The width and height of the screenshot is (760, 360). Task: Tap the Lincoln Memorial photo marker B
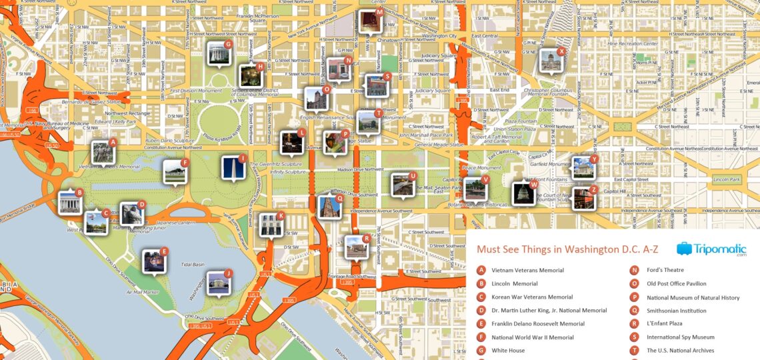click(x=70, y=201)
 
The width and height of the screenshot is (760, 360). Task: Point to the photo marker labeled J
click(x=218, y=283)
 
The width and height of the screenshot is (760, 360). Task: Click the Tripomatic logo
click(x=711, y=249)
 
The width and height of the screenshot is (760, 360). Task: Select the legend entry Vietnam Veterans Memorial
click(x=527, y=271)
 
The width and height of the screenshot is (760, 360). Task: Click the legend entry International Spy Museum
click(x=680, y=337)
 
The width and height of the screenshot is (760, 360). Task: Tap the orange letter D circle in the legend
click(x=481, y=311)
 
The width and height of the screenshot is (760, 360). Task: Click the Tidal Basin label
click(x=193, y=265)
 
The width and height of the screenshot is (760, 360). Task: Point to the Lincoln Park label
click(x=727, y=180)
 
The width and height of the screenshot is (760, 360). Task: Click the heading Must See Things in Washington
click(x=567, y=250)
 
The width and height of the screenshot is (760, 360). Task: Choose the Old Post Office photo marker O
click(x=316, y=99)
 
